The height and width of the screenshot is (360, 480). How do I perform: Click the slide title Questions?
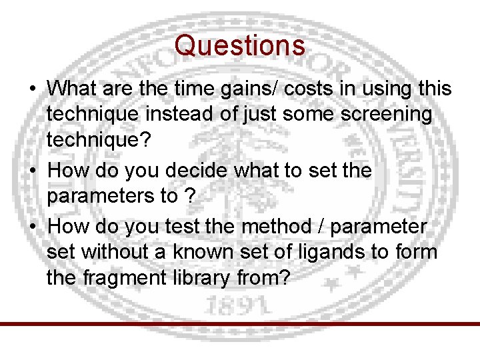240,46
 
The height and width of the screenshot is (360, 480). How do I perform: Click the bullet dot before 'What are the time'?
32,89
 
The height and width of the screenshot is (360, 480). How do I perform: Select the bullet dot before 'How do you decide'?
32,171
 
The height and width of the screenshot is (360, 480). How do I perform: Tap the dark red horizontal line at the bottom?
240,324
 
